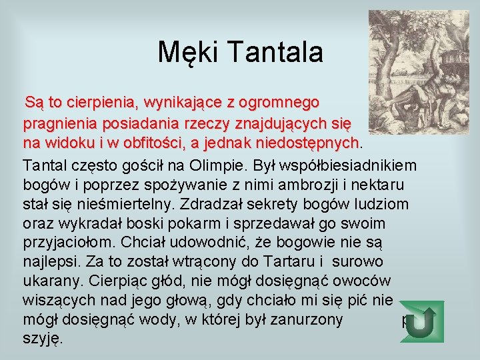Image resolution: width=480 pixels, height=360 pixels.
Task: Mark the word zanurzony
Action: pyautogui.click(x=307, y=319)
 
